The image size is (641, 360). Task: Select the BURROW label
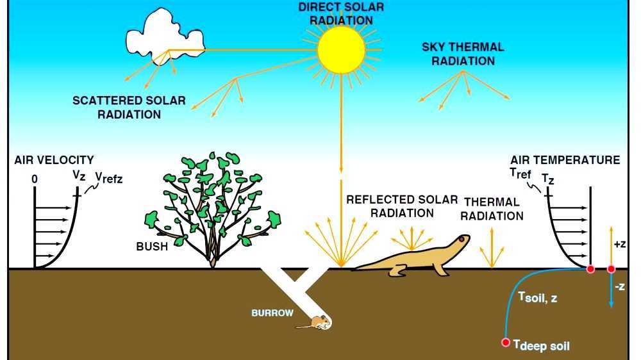click(x=272, y=313)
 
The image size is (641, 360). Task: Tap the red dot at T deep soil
click(x=506, y=343)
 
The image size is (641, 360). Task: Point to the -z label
click(x=619, y=288)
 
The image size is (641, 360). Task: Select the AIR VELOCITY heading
click(x=54, y=160)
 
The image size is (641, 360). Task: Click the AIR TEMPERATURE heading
click(x=565, y=160)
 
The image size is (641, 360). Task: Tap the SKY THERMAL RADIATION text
click(x=463, y=54)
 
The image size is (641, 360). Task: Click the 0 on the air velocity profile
click(x=34, y=180)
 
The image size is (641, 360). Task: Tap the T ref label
click(x=520, y=172)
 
